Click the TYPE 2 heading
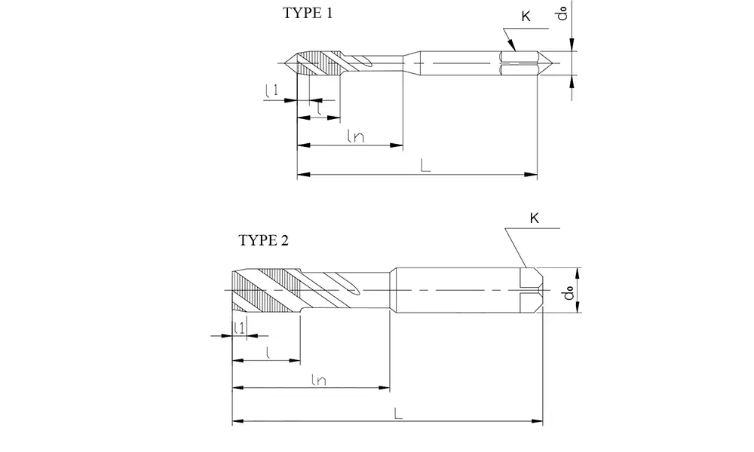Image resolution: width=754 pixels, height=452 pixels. [263, 241]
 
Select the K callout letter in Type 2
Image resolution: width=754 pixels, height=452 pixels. [534, 218]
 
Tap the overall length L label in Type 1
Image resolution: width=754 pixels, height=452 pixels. [426, 166]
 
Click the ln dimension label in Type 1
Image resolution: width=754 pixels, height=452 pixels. [356, 136]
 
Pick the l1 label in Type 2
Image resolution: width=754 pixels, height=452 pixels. [238, 326]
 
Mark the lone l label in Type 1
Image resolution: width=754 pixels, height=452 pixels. [320, 111]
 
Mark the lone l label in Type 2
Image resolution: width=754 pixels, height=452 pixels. [268, 352]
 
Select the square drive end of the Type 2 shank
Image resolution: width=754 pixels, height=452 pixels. [532, 290]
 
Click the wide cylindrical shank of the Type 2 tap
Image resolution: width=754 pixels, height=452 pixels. [452, 290]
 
